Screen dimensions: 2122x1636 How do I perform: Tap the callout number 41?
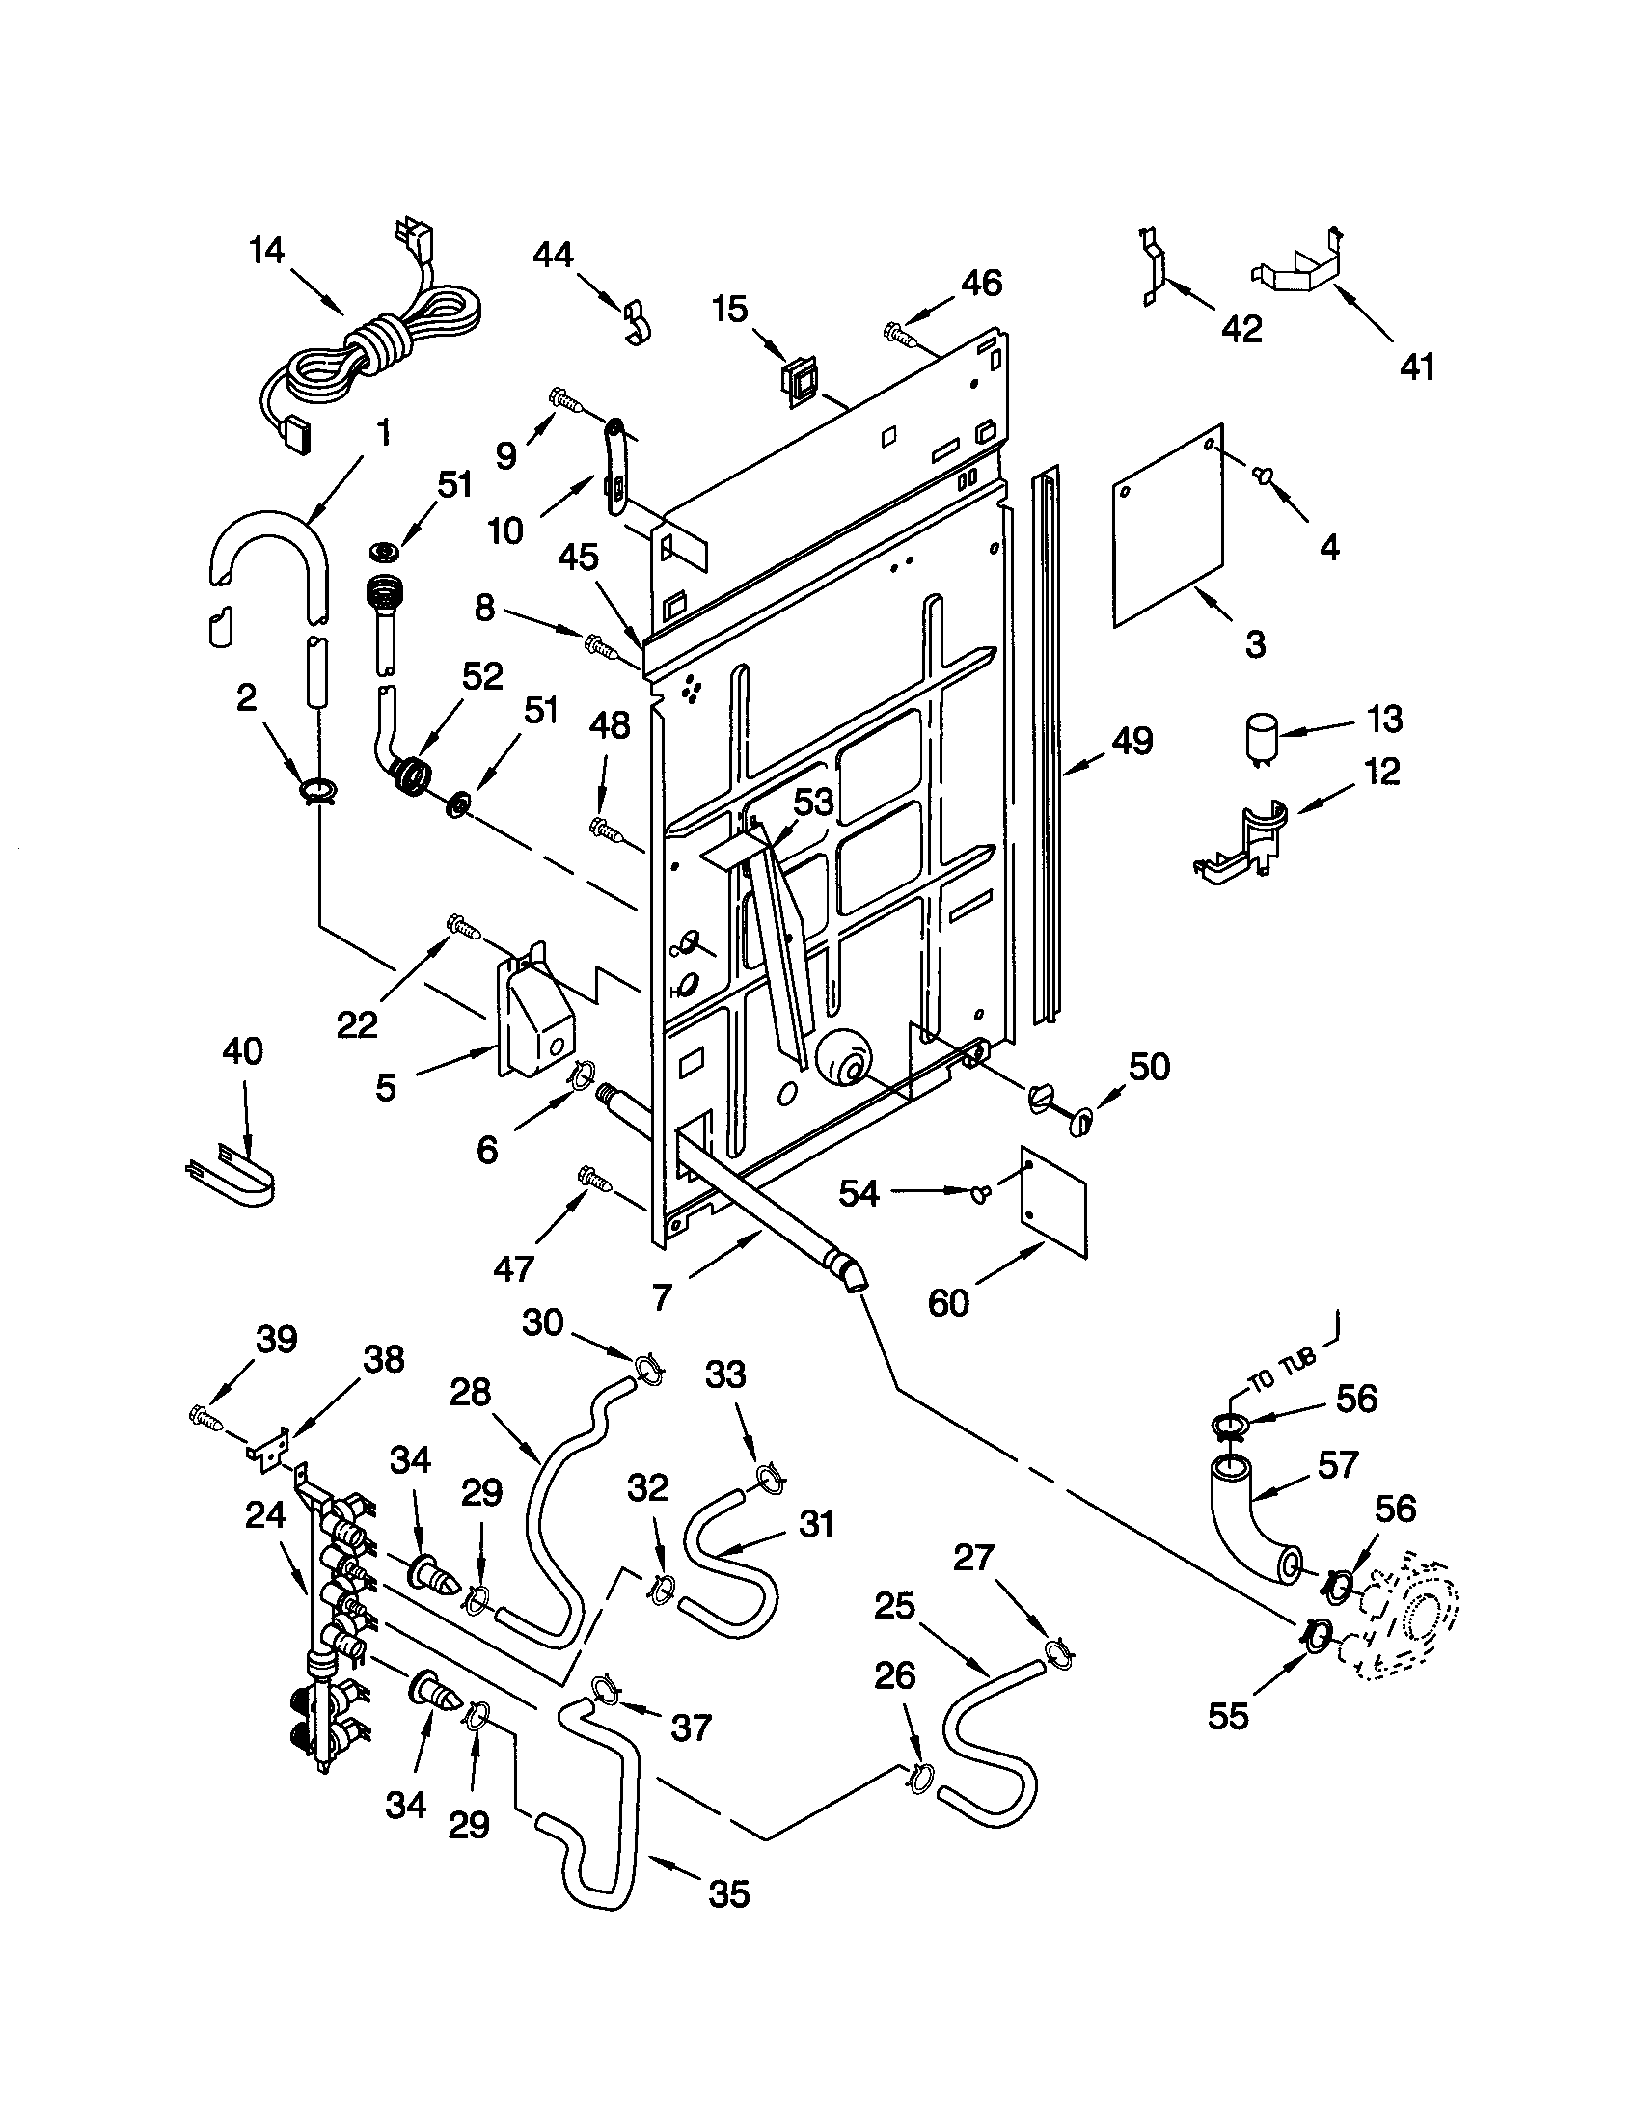(1417, 367)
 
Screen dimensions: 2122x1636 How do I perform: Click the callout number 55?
(1227, 1717)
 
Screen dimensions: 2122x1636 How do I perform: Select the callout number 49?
(1132, 742)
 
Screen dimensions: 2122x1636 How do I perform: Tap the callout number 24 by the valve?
(265, 1514)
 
